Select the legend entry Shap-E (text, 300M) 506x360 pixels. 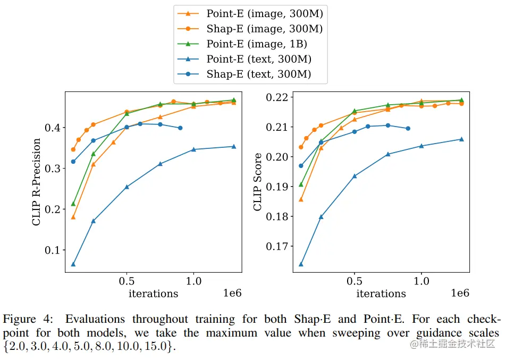pos(258,74)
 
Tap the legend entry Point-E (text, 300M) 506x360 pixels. pos(258,59)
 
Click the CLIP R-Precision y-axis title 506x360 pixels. pos(36,182)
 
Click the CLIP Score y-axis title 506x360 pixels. pos(258,182)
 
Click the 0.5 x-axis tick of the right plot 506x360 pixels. pos(355,281)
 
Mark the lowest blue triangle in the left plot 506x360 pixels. pos(73,264)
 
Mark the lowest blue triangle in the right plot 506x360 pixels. pos(301,264)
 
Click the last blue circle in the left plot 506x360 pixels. pos(180,128)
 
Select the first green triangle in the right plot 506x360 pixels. pos(301,185)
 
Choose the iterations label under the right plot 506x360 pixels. pos(381,294)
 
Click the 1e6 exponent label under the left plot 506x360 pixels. pos(232,294)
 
